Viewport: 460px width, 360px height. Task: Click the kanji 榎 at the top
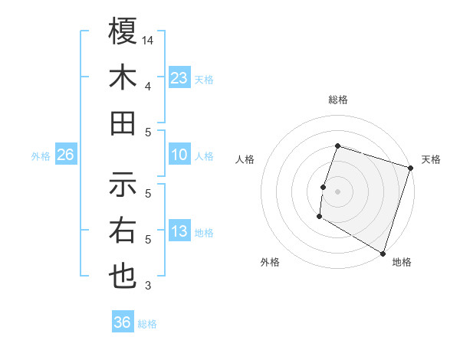pos(123,33)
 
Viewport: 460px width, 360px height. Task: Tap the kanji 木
pos(123,78)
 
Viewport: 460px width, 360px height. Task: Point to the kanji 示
pos(123,185)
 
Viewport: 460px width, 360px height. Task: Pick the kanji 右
pos(123,231)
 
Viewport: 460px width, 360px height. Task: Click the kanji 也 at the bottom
pos(123,277)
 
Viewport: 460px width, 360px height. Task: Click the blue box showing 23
pos(179,78)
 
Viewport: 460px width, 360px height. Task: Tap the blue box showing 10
pos(179,155)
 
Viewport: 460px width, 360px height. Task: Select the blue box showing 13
pos(179,231)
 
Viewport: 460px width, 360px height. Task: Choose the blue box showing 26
pos(66,155)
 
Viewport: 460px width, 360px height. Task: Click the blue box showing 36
pos(123,322)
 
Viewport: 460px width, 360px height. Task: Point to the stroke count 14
pos(148,40)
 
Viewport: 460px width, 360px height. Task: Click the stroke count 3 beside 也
pos(147,286)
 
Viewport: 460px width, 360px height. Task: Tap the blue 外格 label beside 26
pos(41,156)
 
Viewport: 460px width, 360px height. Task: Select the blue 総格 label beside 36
pos(147,324)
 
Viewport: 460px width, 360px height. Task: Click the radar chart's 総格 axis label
pos(337,100)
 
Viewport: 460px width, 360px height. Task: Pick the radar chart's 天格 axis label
pos(431,159)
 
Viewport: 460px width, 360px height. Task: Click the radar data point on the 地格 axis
pos(382,252)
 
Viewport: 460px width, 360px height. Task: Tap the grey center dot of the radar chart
pos(337,191)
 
